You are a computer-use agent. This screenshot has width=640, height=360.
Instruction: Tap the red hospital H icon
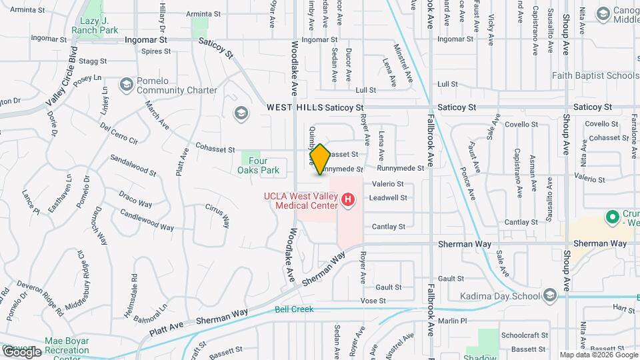(347, 199)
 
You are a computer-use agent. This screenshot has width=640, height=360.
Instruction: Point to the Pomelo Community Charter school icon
(126, 84)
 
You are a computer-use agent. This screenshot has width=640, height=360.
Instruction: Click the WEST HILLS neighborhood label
(294, 107)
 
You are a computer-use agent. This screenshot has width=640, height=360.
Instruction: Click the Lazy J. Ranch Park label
(95, 25)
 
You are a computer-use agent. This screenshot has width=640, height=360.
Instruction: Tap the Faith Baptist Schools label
(595, 76)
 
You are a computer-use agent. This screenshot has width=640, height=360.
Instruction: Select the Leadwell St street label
(387, 198)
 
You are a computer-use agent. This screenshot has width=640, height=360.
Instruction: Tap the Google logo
(22, 351)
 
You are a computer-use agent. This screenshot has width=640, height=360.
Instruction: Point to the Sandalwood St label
(133, 166)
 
